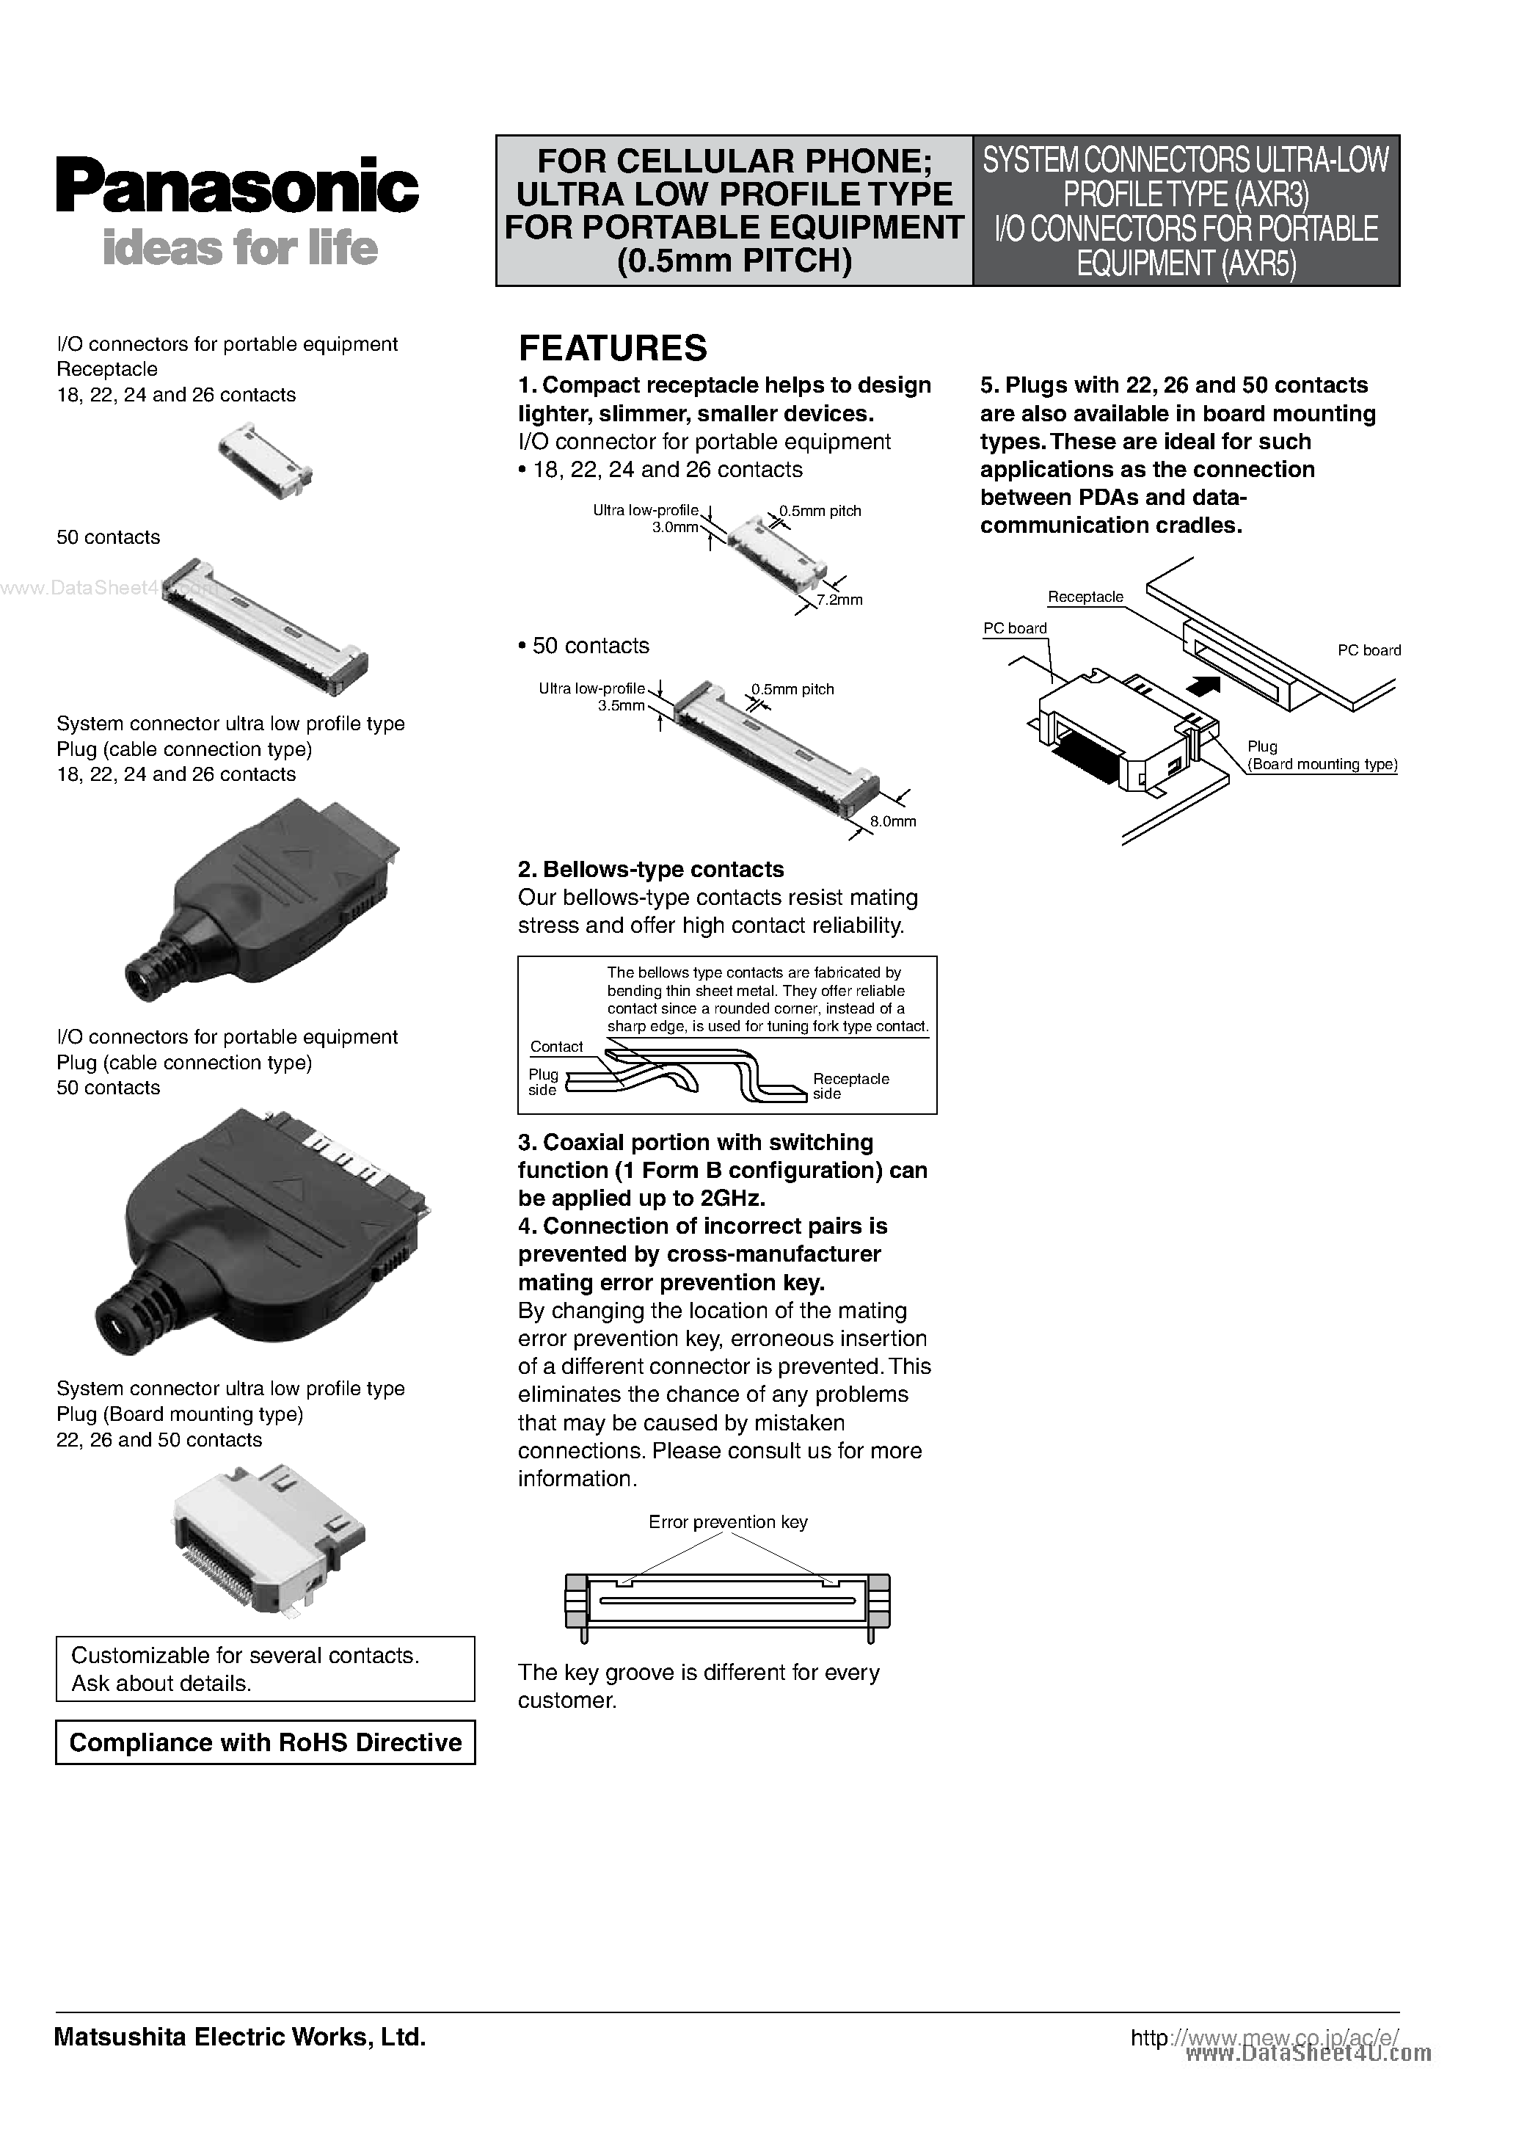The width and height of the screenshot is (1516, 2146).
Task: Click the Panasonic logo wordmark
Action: (x=236, y=186)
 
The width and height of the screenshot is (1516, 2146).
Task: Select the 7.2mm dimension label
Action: (x=839, y=600)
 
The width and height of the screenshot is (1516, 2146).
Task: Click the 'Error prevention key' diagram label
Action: (x=727, y=1521)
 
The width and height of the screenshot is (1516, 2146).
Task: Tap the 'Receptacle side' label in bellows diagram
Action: (x=850, y=1086)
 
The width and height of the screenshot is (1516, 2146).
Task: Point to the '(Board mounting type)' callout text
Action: (x=1322, y=765)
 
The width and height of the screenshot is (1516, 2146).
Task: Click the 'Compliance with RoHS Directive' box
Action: (x=266, y=1742)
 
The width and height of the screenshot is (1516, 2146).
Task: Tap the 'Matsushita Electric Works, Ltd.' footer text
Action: (x=239, y=2037)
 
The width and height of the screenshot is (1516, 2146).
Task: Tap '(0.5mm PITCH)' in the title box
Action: (x=734, y=261)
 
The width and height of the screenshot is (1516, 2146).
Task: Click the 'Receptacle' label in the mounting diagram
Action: (x=1085, y=597)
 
